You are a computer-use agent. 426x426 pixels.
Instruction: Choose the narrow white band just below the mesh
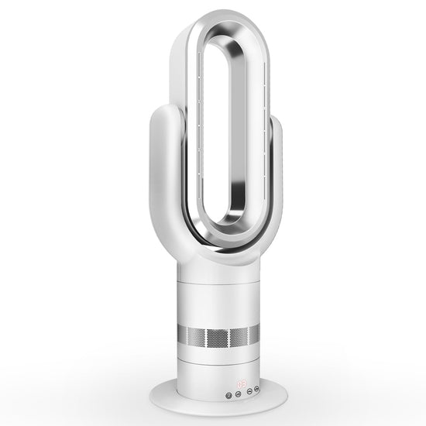pyautogui.click(x=219, y=353)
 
